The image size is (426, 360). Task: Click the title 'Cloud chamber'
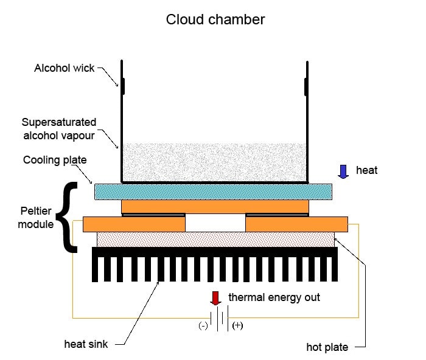coord(215,19)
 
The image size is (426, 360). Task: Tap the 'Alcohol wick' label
coord(65,68)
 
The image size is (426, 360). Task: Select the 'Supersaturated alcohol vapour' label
coord(58,129)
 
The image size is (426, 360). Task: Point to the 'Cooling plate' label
coord(55,161)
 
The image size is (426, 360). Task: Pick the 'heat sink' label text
coord(86,345)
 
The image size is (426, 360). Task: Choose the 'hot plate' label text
coord(327,348)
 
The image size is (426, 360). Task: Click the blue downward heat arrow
coord(343,171)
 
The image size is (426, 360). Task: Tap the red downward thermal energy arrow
coord(215,298)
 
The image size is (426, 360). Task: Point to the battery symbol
coord(219,318)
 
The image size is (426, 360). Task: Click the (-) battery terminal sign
coord(203,325)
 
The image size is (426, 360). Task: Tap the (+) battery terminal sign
coord(237,325)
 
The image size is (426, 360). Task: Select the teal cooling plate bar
coord(213,192)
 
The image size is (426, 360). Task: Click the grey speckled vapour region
coord(213,162)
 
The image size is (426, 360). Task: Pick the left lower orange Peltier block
coord(134,224)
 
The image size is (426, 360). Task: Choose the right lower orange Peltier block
coord(296,224)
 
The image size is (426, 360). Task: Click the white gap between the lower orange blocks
coord(215,223)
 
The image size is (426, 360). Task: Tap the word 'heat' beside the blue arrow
coord(367,170)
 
